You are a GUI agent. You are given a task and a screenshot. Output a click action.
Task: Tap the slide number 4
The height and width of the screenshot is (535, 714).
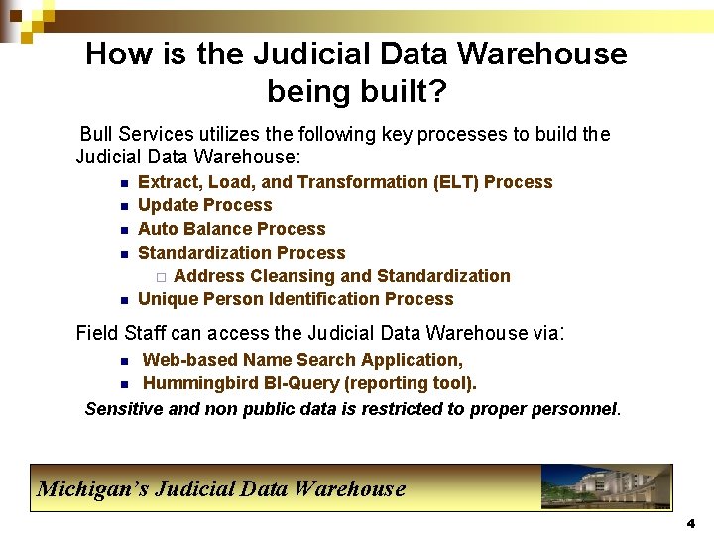691,523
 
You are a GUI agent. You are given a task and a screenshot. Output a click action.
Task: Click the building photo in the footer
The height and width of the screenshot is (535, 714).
606,487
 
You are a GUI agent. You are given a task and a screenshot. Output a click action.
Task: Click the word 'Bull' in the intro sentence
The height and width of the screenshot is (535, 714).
97,134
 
